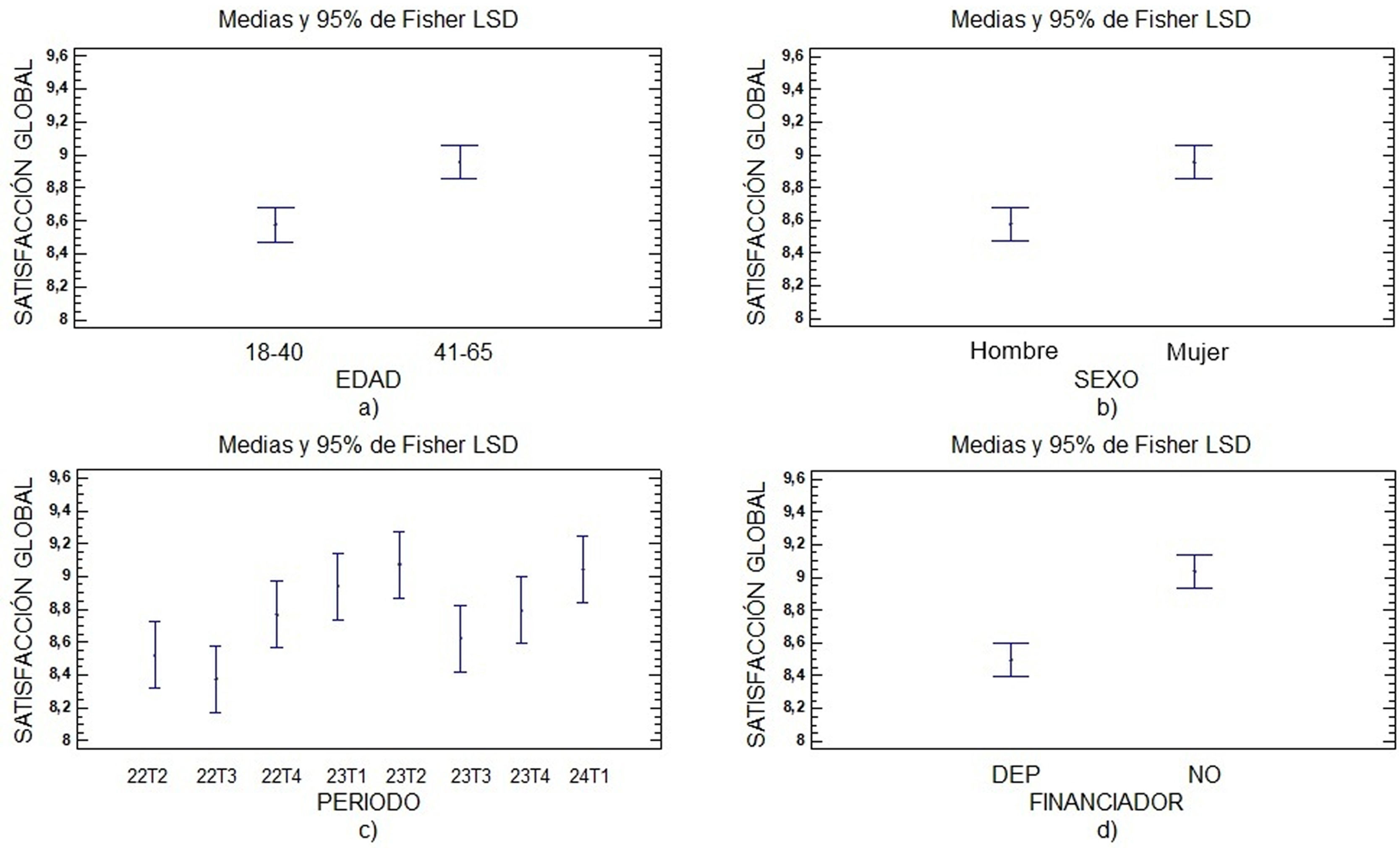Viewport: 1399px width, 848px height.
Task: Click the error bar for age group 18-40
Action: (x=275, y=225)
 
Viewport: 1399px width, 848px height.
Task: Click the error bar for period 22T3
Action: (x=216, y=679)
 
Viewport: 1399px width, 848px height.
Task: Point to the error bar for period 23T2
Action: (x=399, y=564)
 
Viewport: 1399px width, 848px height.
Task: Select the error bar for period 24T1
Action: (x=583, y=569)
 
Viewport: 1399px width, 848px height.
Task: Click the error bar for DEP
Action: (x=1011, y=659)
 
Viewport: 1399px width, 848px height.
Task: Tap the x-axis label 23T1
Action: (x=346, y=776)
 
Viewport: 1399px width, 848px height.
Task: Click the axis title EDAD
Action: (x=368, y=379)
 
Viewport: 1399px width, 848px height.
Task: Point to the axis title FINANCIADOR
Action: (x=1106, y=802)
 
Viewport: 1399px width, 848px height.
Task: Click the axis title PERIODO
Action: (x=368, y=802)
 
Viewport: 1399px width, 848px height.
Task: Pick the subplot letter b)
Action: (x=1106, y=407)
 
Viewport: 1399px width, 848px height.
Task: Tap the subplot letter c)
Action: (x=368, y=830)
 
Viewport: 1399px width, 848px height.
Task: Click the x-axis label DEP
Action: (x=1016, y=774)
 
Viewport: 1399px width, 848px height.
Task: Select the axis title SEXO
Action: (x=1106, y=379)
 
